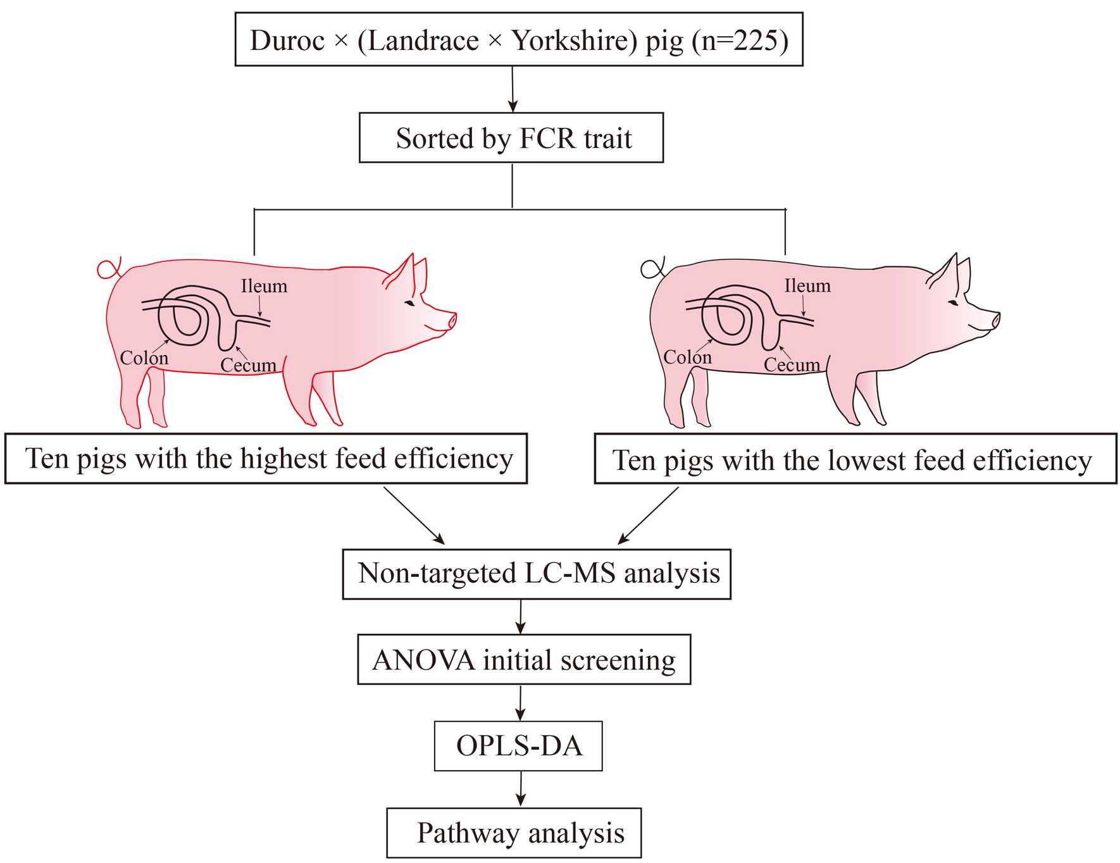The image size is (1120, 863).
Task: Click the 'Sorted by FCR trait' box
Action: [511, 138]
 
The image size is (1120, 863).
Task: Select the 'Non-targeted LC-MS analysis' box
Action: [537, 574]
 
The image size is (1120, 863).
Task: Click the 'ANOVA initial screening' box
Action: [524, 660]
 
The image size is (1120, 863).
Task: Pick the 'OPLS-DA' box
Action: [518, 746]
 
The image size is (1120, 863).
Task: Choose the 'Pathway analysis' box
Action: [514, 833]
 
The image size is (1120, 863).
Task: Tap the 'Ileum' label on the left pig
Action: [264, 287]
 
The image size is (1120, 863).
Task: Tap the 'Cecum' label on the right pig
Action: [792, 365]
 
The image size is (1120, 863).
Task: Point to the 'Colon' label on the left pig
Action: [144, 358]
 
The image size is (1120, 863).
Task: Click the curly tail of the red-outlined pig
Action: [109, 268]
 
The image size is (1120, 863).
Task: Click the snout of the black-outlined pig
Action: [995, 320]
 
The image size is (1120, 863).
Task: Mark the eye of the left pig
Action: [410, 304]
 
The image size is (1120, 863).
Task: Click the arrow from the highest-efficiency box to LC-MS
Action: [414, 516]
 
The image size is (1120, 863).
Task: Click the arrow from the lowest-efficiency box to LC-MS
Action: [648, 516]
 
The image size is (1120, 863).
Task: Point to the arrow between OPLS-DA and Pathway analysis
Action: [520, 789]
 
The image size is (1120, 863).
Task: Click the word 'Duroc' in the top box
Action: [278, 40]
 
